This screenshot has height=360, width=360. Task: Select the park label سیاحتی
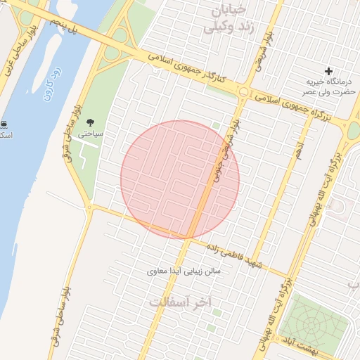click(x=90, y=132)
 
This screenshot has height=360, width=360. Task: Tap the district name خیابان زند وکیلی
click(x=225, y=19)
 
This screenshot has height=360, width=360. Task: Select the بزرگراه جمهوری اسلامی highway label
click(x=295, y=105)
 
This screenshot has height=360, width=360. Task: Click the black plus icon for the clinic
click(x=328, y=71)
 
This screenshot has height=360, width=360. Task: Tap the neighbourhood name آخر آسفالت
click(x=180, y=301)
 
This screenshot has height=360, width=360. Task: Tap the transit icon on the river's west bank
click(x=5, y=124)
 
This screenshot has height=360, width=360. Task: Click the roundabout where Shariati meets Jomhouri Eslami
click(x=243, y=91)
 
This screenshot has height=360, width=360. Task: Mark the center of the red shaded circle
click(x=180, y=179)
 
